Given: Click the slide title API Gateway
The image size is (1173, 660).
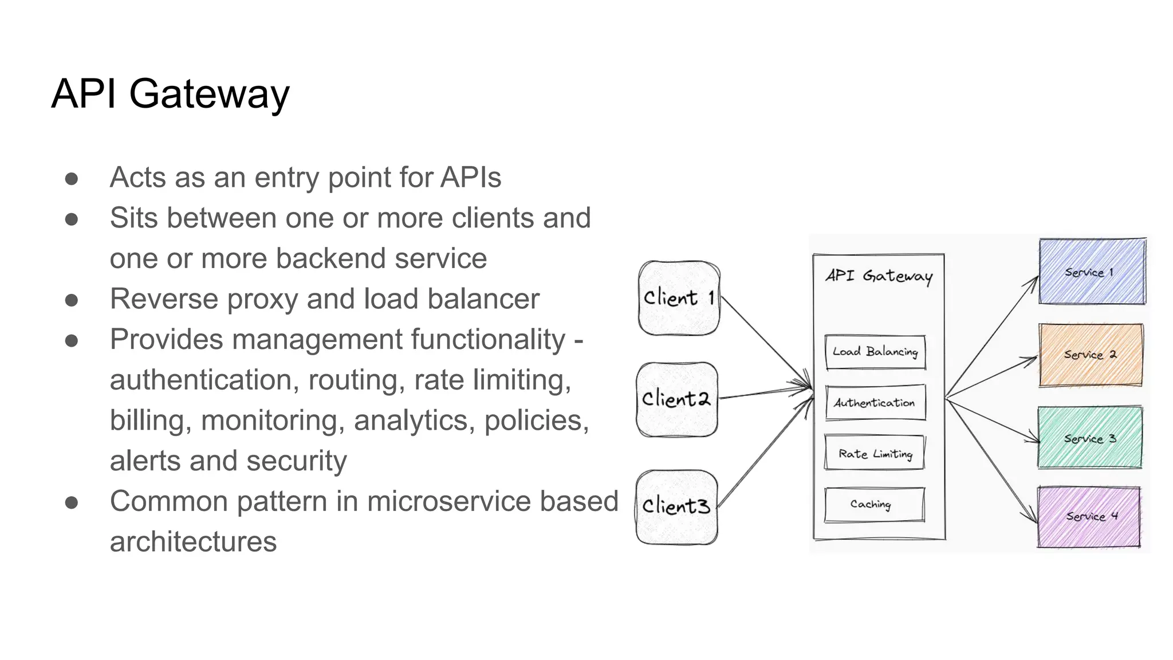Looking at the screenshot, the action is tap(171, 93).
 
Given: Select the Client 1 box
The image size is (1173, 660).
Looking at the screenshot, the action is tap(679, 298).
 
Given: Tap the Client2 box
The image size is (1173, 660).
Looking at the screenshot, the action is tap(677, 399).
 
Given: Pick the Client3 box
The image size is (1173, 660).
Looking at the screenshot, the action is tap(676, 507).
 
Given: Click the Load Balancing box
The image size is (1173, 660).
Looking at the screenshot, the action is tap(875, 352).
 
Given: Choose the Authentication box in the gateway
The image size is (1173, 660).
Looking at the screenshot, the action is tap(875, 403).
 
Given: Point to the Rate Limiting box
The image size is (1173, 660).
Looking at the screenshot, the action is tap(875, 453).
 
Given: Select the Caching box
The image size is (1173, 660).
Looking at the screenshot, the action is tap(875, 504).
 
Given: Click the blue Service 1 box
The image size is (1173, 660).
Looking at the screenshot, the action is tap(1092, 272).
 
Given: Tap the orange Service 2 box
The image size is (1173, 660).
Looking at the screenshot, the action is tap(1091, 355).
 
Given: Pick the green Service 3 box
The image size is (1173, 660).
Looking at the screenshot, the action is tap(1090, 438).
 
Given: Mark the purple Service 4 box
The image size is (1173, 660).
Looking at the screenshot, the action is tap(1089, 517).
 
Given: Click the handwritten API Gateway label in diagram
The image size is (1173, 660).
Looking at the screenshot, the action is tap(879, 276).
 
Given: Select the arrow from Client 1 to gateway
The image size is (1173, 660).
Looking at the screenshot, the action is tap(767, 343).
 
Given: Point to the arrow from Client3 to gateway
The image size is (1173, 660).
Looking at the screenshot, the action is tap(766, 451).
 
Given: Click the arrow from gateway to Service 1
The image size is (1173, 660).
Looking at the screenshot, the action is tap(991, 337).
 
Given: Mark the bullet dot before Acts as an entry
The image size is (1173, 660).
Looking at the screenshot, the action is tap(72, 179).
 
